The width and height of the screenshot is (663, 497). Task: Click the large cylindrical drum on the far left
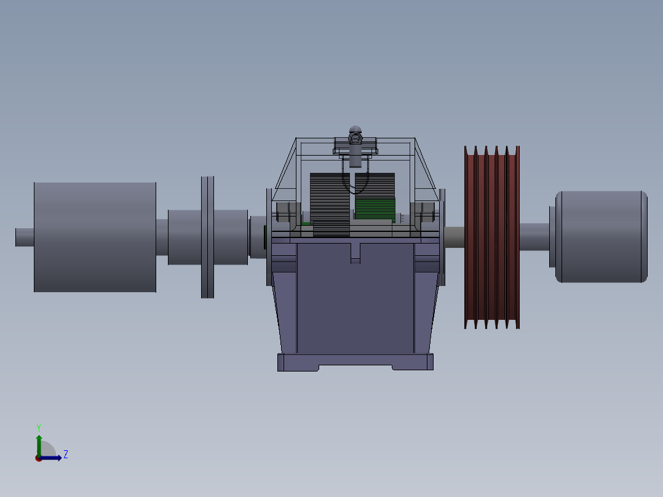pos(95,237)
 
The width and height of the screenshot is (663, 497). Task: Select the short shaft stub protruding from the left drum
pos(24,237)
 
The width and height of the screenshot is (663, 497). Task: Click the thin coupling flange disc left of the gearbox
pos(207,237)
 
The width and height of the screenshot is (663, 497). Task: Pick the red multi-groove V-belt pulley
pos(491,237)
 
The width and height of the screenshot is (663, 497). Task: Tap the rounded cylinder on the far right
pos(601,237)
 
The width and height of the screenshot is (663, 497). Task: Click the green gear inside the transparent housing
pos(375,208)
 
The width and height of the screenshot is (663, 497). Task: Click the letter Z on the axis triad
pos(66,455)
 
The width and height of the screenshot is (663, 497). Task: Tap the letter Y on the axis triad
pos(38,427)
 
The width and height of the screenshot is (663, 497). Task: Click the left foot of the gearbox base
pos(298,362)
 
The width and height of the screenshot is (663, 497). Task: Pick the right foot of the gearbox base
pos(413,362)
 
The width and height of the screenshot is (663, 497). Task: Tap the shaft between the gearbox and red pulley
pos(455,237)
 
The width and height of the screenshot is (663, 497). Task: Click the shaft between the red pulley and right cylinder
pos(534,237)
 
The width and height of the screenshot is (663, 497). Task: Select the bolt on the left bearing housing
pos(284,212)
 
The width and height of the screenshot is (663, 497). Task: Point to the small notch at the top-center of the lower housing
pos(355,253)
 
